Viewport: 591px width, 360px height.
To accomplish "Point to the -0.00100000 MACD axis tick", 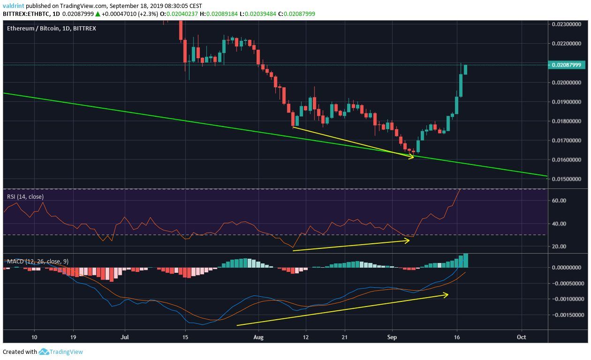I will tap(568, 299).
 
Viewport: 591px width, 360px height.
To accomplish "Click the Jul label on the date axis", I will tap(125, 337).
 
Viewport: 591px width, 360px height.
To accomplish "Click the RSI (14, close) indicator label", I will tap(25, 196).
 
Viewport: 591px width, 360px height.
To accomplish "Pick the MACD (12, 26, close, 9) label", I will tap(38, 262).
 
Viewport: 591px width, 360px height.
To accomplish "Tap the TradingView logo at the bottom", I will tap(61, 352).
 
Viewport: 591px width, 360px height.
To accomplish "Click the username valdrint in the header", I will tap(13, 6).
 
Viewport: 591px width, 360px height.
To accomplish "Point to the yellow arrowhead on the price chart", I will tap(412, 157).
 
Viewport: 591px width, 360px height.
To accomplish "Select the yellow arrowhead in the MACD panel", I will tap(446, 294).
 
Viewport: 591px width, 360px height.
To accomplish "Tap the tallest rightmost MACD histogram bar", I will tap(465, 260).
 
